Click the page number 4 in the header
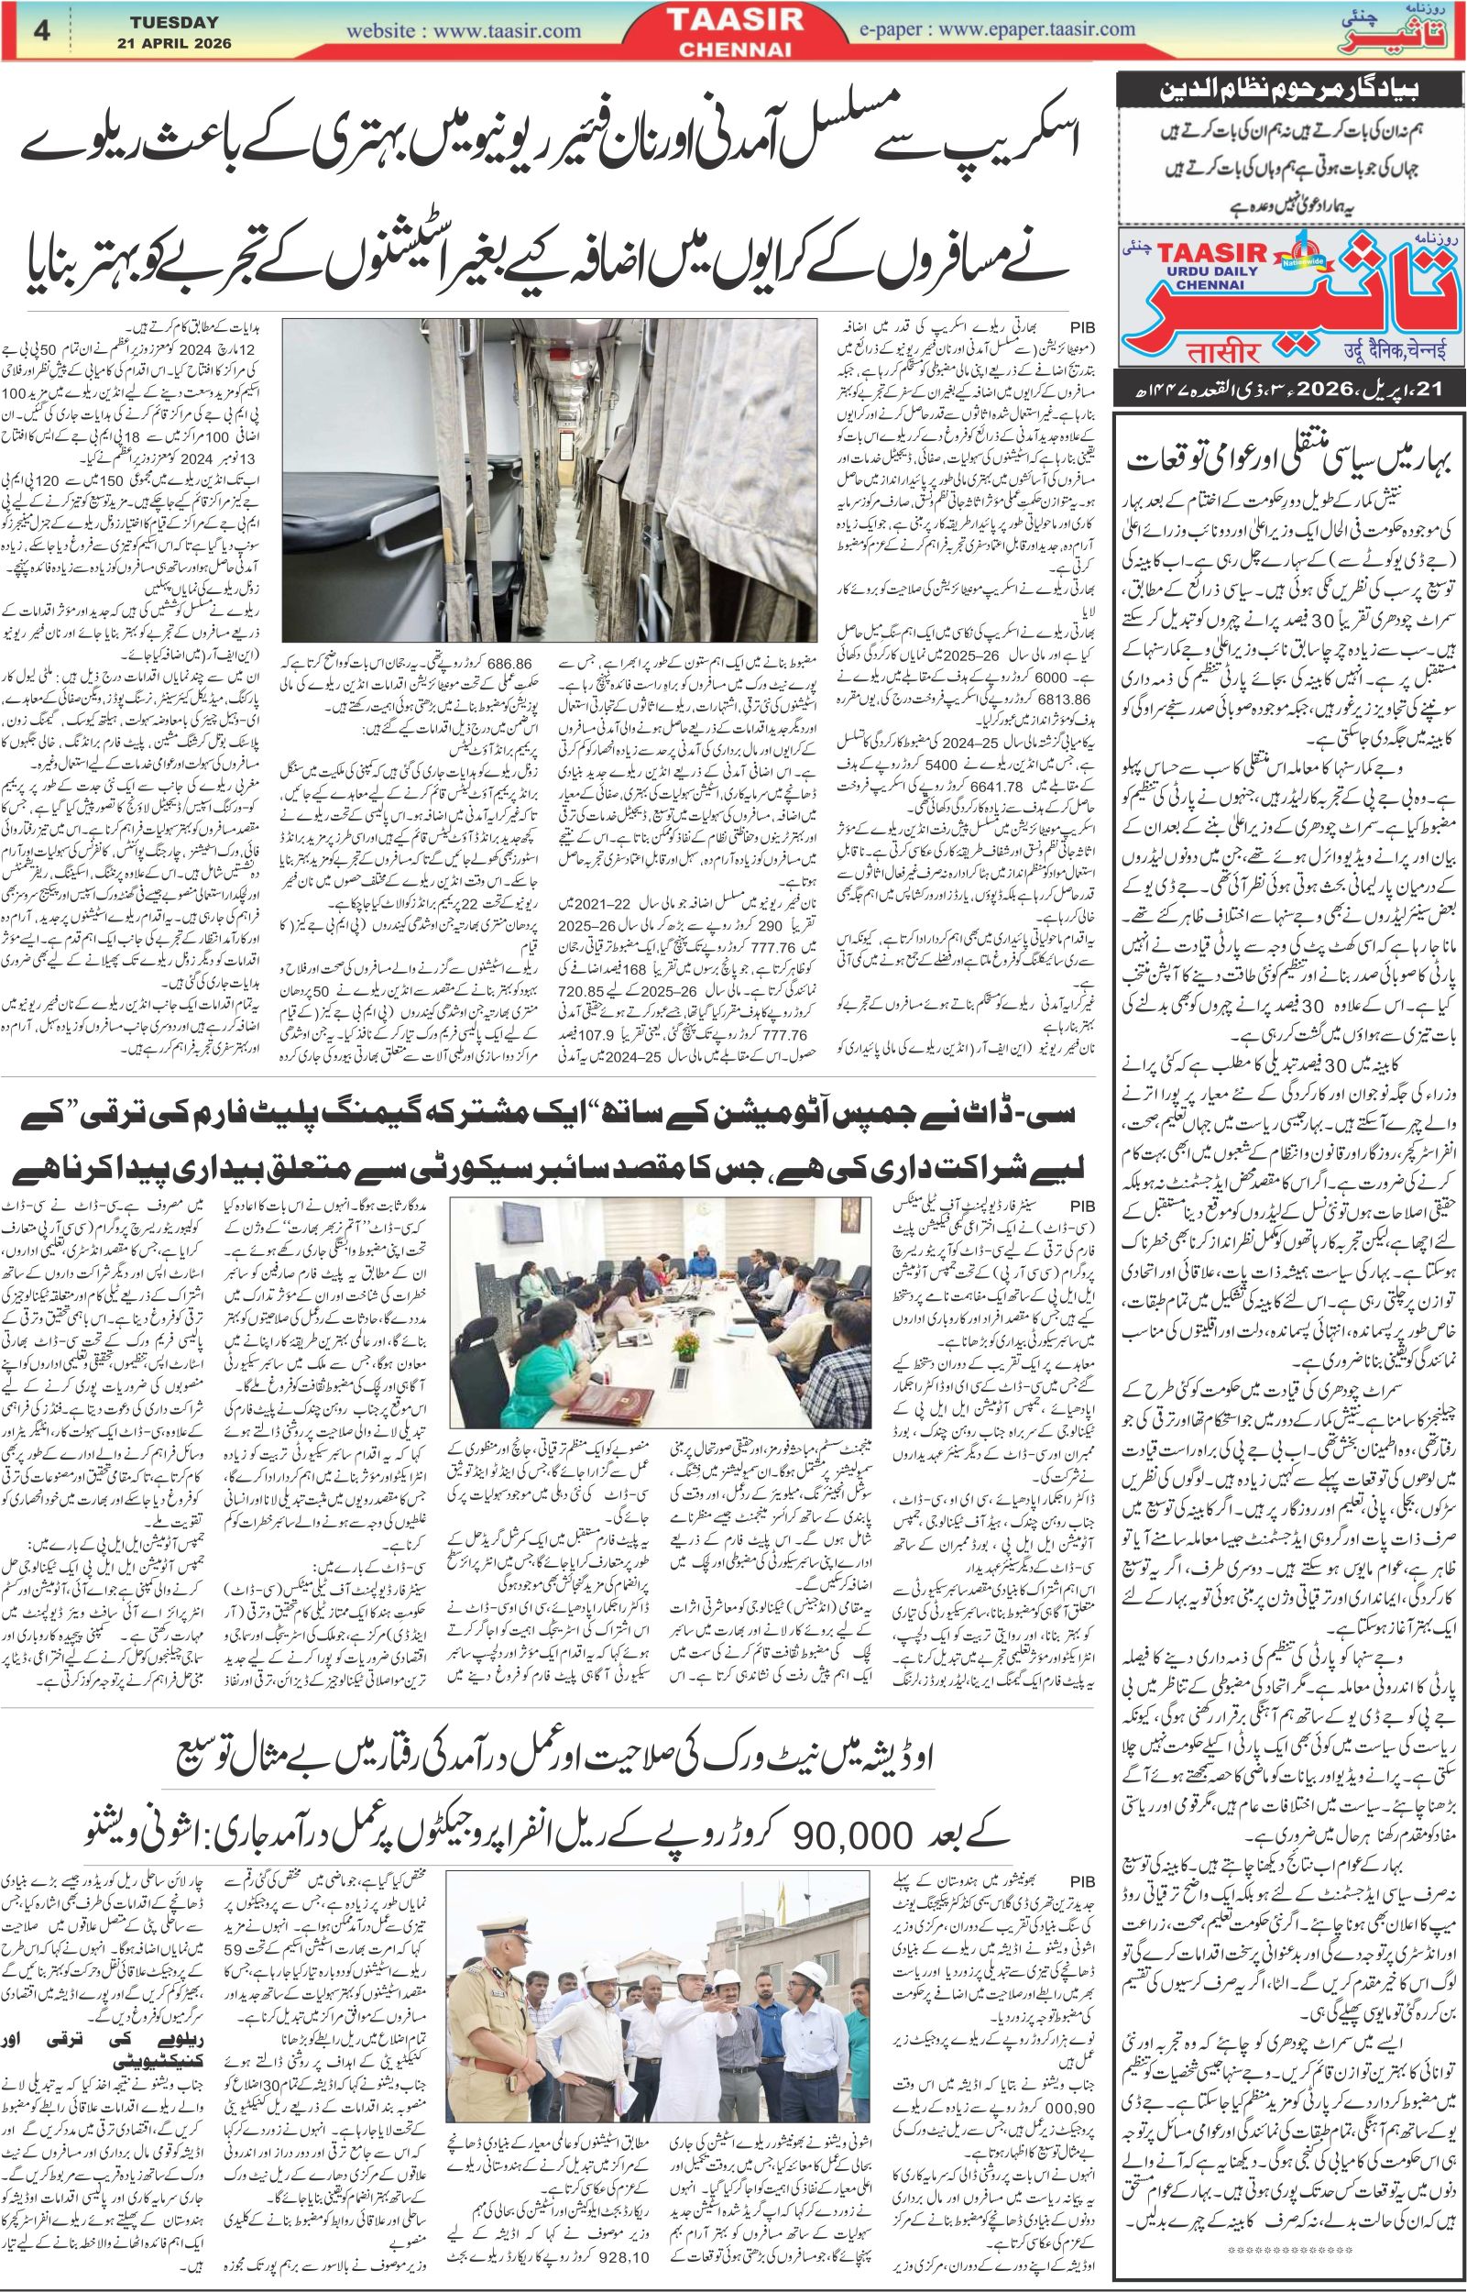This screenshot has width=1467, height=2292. pos(41,30)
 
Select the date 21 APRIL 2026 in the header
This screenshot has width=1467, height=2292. pos(174,42)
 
